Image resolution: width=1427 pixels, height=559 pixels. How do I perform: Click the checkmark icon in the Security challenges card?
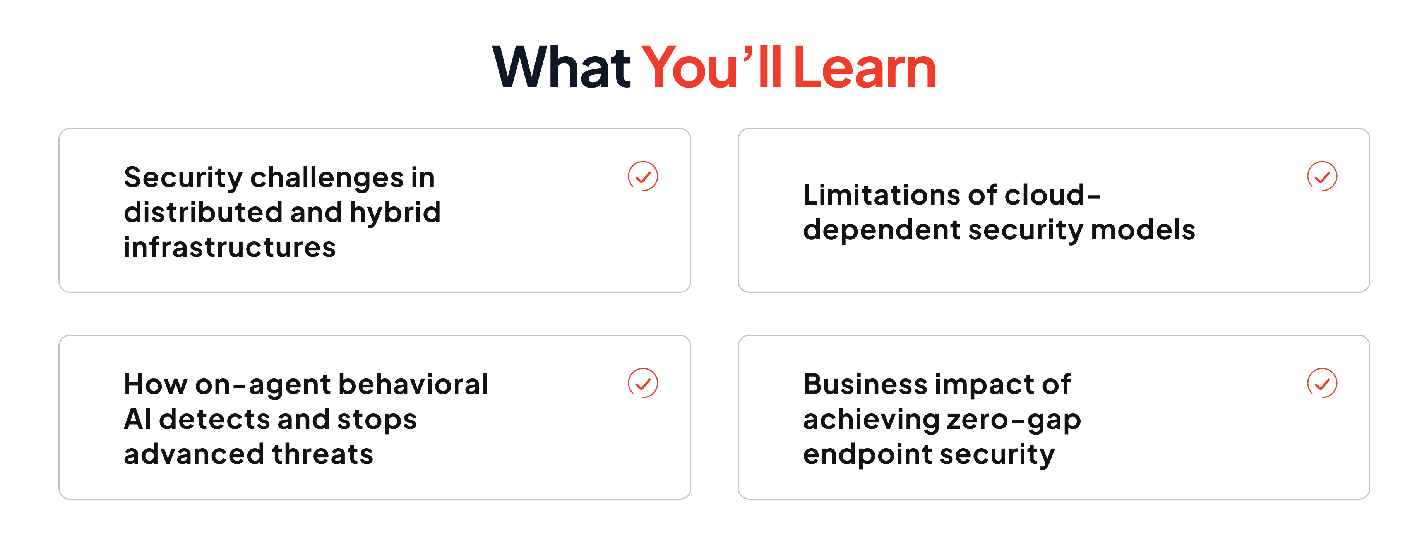642,176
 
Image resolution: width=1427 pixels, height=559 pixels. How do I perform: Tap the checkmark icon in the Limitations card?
1322,176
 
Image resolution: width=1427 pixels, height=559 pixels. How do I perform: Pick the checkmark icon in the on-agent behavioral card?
642,383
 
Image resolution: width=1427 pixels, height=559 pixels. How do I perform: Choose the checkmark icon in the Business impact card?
1322,383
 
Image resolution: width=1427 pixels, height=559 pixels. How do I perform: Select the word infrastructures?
230,247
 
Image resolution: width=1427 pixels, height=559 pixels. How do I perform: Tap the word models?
1143,230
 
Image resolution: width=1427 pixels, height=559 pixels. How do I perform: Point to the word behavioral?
413,384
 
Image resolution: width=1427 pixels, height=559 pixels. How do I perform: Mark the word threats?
322,454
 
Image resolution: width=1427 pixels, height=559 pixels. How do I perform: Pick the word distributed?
203,213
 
